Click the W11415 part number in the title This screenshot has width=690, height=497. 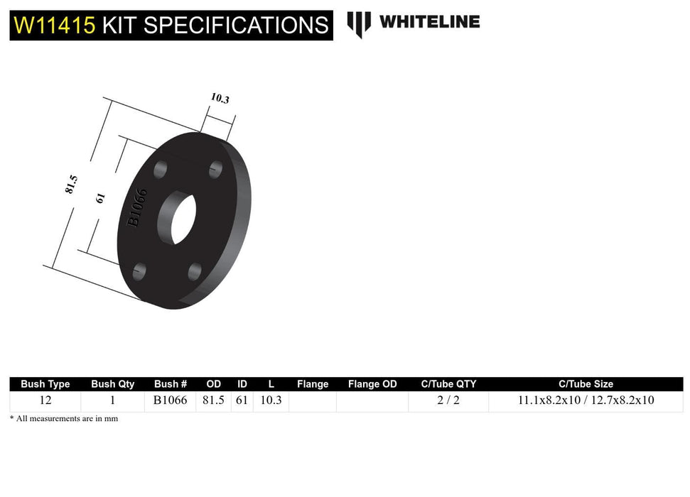[x=55, y=25]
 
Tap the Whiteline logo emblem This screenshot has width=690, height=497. [x=359, y=23]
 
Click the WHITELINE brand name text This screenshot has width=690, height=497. [x=429, y=21]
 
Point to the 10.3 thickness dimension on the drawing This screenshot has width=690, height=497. [x=220, y=99]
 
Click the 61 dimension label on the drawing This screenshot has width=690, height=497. [x=100, y=198]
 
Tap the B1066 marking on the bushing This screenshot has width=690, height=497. [x=137, y=207]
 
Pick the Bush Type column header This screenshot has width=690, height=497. [x=45, y=384]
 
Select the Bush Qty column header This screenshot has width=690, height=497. [x=112, y=384]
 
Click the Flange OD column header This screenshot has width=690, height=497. [x=372, y=384]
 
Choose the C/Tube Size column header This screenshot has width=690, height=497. [x=586, y=384]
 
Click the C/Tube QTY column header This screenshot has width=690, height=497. [x=448, y=384]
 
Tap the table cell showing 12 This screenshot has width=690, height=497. [x=45, y=400]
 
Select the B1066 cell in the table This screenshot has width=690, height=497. [x=171, y=400]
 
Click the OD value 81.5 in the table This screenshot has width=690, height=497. [x=213, y=400]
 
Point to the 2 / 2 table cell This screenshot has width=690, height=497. [x=448, y=400]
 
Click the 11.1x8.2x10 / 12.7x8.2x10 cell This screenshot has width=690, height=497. [x=586, y=400]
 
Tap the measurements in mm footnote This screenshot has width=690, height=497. [x=64, y=419]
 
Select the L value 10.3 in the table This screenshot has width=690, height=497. [x=271, y=400]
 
